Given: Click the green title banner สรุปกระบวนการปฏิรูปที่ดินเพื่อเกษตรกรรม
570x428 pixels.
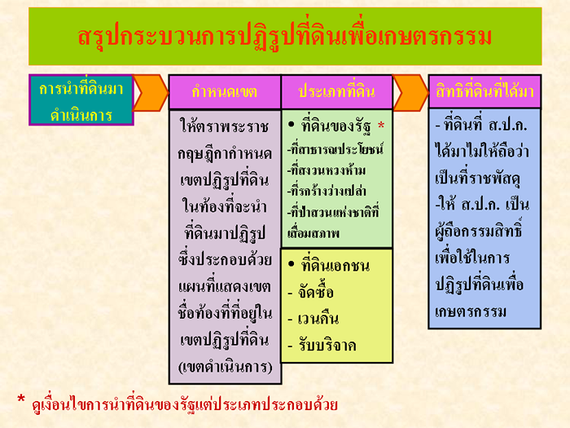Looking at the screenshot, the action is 285,37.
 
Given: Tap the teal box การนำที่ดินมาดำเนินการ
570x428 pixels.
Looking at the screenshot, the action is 81,100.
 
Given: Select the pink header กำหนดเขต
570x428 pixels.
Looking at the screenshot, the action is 225,92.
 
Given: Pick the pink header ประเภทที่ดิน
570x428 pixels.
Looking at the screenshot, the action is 336,92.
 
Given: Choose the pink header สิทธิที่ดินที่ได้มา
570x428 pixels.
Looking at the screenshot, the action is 484,91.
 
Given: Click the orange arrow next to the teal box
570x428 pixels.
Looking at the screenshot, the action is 151,93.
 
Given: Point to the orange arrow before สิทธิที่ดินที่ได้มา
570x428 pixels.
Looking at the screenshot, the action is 410,93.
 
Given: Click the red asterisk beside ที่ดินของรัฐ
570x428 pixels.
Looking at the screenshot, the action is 381,126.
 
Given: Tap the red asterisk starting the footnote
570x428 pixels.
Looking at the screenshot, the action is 21,399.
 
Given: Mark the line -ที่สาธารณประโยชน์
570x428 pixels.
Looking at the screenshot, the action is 335,149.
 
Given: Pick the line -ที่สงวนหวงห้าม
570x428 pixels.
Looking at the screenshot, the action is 326,170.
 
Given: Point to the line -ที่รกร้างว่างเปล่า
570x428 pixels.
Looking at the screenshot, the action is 327,191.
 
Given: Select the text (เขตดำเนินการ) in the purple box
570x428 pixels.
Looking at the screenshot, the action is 225,367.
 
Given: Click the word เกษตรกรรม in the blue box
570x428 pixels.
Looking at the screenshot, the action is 471,311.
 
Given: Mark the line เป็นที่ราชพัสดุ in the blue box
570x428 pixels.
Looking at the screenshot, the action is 478,179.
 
